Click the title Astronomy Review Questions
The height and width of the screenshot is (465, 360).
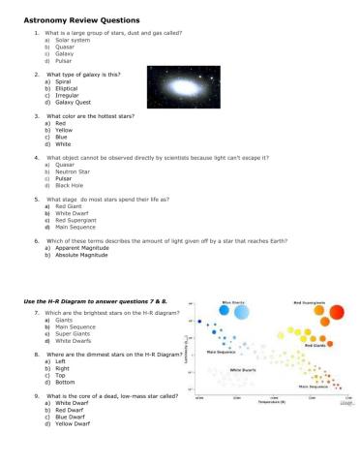click(x=81, y=19)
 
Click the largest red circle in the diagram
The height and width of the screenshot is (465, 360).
click(x=336, y=312)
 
